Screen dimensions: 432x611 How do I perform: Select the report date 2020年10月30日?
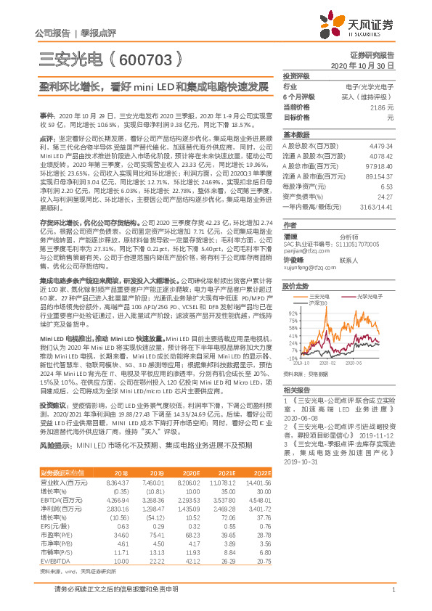[367, 65]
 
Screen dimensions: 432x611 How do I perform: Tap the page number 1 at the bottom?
[392, 590]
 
